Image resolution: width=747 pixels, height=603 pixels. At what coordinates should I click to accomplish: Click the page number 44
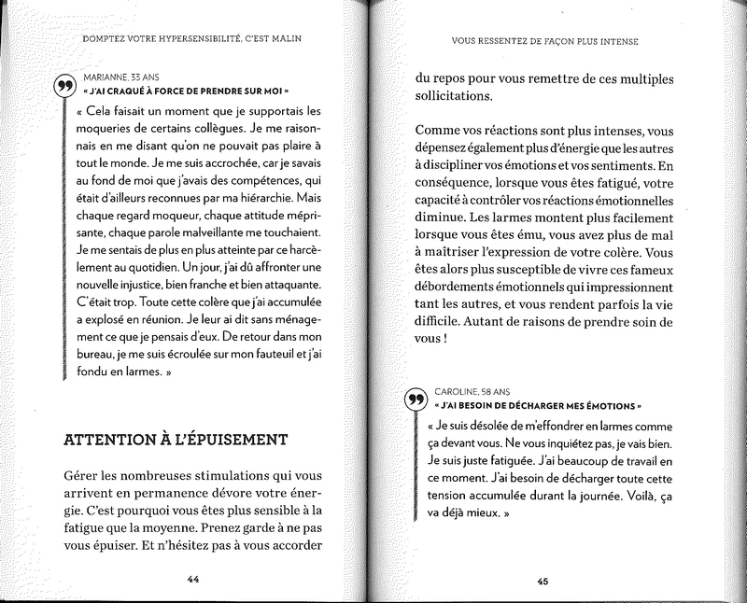[x=194, y=579]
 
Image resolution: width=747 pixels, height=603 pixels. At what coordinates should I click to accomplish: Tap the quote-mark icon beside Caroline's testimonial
[x=417, y=400]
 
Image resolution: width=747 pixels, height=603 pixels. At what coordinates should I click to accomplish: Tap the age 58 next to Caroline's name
[x=502, y=390]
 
